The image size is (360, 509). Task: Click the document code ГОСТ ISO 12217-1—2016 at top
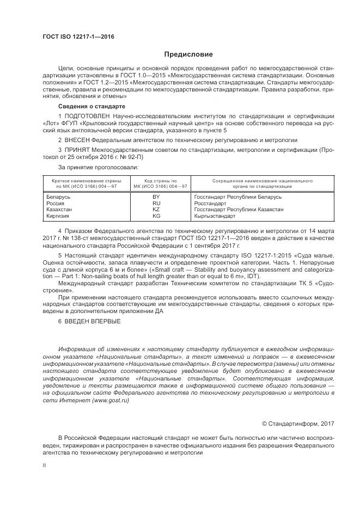tap(78, 37)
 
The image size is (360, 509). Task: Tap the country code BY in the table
tap(156, 196)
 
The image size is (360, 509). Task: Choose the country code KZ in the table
tap(156, 209)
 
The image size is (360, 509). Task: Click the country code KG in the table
tap(156, 216)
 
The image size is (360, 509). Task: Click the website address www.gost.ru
tap(111, 400)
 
